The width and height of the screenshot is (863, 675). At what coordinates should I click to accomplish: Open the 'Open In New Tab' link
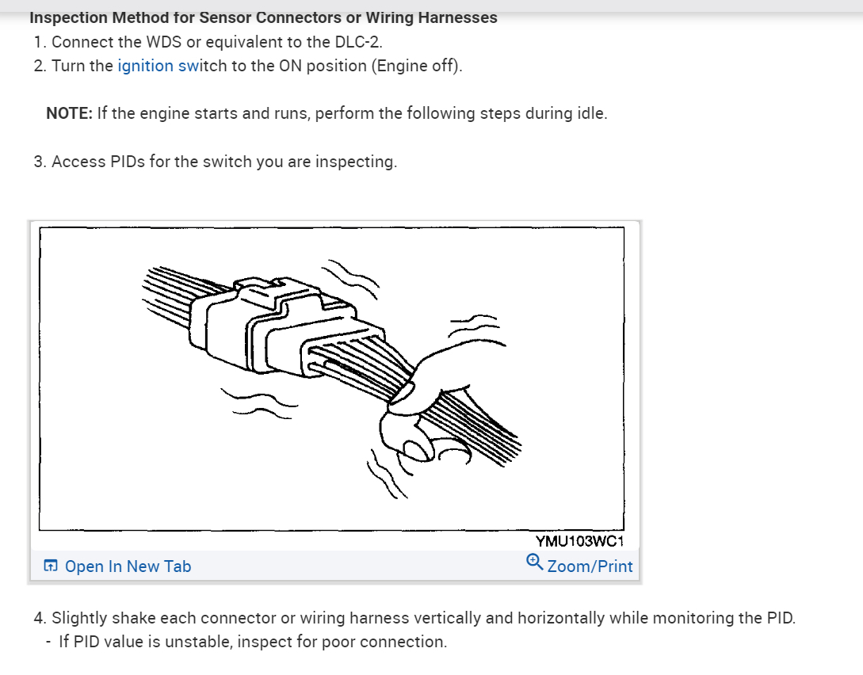[128, 566]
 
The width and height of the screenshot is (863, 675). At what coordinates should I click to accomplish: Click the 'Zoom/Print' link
[590, 566]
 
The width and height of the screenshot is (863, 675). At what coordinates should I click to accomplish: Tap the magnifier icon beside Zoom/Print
[534, 563]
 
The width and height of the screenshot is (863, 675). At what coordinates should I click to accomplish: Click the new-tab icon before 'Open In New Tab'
[51, 566]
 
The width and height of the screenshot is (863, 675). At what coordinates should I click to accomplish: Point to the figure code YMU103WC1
[579, 542]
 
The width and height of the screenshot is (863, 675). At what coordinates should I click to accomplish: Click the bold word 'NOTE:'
[69, 113]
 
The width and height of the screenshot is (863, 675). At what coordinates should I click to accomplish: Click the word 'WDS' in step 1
[165, 42]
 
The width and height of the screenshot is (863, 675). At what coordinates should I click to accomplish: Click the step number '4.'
[40, 618]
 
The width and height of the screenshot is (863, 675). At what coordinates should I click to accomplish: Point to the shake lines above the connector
[353, 273]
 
